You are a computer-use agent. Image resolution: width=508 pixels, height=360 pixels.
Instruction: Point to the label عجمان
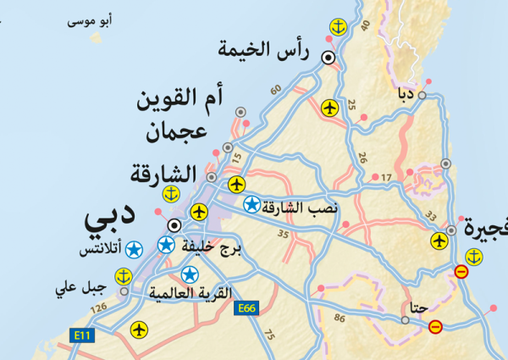[x=177, y=133]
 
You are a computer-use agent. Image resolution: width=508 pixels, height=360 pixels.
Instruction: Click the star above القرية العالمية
[x=190, y=274]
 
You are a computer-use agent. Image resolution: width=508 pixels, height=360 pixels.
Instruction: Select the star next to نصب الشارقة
[x=251, y=204]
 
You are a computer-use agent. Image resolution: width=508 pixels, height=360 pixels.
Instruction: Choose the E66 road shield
[x=246, y=308]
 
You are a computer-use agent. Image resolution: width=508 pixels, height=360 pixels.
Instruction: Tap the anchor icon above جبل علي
[x=124, y=276]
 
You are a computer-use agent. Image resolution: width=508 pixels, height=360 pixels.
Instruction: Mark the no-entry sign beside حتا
[x=435, y=327]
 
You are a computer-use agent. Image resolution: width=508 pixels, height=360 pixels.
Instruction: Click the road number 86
[x=340, y=318]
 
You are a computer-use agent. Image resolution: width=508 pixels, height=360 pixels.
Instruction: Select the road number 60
[x=275, y=90]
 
